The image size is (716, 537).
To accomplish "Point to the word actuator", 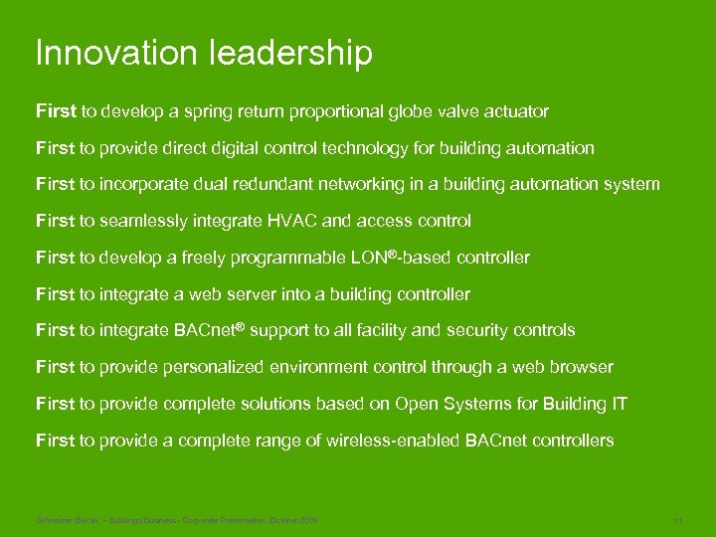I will pyautogui.click(x=514, y=111).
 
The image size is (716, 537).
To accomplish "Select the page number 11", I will pyautogui.click(x=677, y=521).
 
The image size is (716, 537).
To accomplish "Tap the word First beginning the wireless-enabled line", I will pyautogui.click(x=56, y=441).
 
